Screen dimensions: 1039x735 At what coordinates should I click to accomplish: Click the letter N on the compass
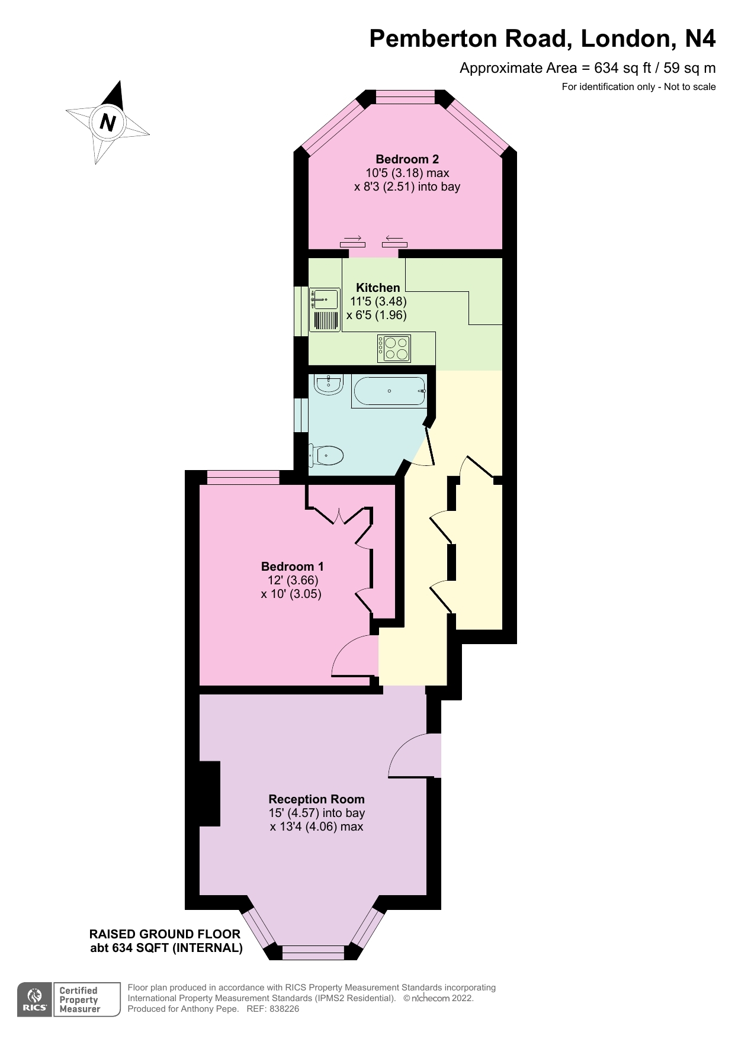tap(108, 122)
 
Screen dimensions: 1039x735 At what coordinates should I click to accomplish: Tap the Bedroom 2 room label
tap(407, 159)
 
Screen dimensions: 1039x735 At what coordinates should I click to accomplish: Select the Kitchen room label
tap(378, 288)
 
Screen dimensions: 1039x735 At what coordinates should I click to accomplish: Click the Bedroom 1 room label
tap(292, 567)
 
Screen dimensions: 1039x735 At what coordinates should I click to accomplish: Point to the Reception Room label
tap(316, 799)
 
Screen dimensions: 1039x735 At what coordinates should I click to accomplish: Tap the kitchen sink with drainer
tap(325, 310)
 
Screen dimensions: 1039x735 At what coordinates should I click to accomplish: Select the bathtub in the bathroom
tap(389, 391)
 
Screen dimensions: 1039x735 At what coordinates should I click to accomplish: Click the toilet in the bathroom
tap(327, 456)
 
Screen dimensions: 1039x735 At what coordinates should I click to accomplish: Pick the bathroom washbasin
tap(328, 384)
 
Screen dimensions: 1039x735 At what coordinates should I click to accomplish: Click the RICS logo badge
tap(35, 1000)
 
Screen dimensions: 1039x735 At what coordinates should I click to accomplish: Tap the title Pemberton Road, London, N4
tap(542, 38)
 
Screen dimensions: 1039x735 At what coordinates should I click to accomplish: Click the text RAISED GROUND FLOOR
tap(165, 934)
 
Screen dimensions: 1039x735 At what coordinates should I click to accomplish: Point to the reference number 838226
tap(284, 1009)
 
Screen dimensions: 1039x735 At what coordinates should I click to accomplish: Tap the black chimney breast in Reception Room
tap(209, 793)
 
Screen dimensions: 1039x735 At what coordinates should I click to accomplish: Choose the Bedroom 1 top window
tap(243, 477)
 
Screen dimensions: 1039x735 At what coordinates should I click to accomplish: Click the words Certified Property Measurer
tap(80, 1000)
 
